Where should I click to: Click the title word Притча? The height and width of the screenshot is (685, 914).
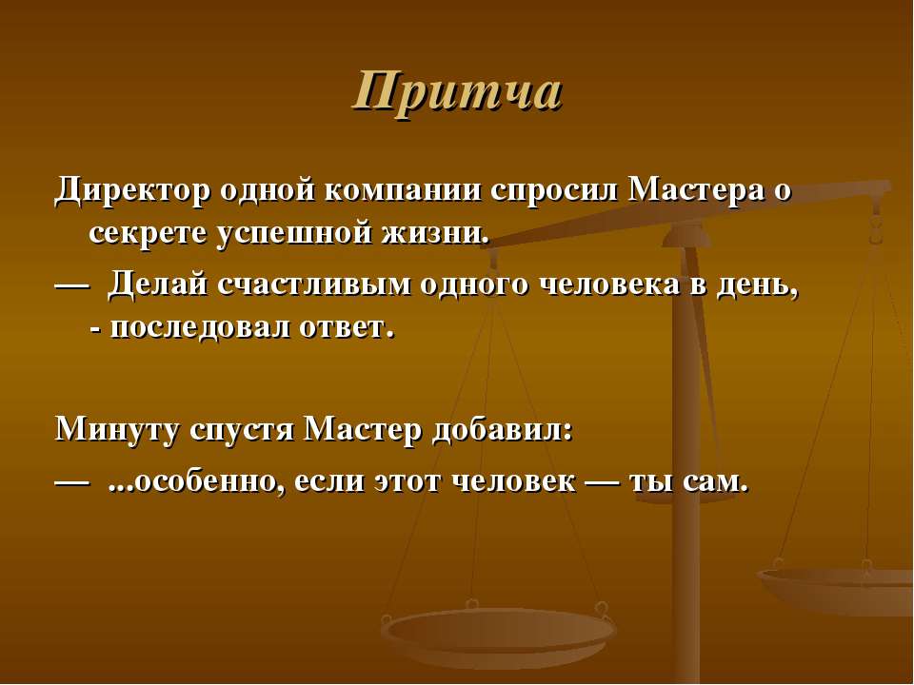coord(457,92)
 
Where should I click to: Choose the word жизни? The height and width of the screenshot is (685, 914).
coord(434,232)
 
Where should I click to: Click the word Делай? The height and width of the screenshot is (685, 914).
coord(157,284)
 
